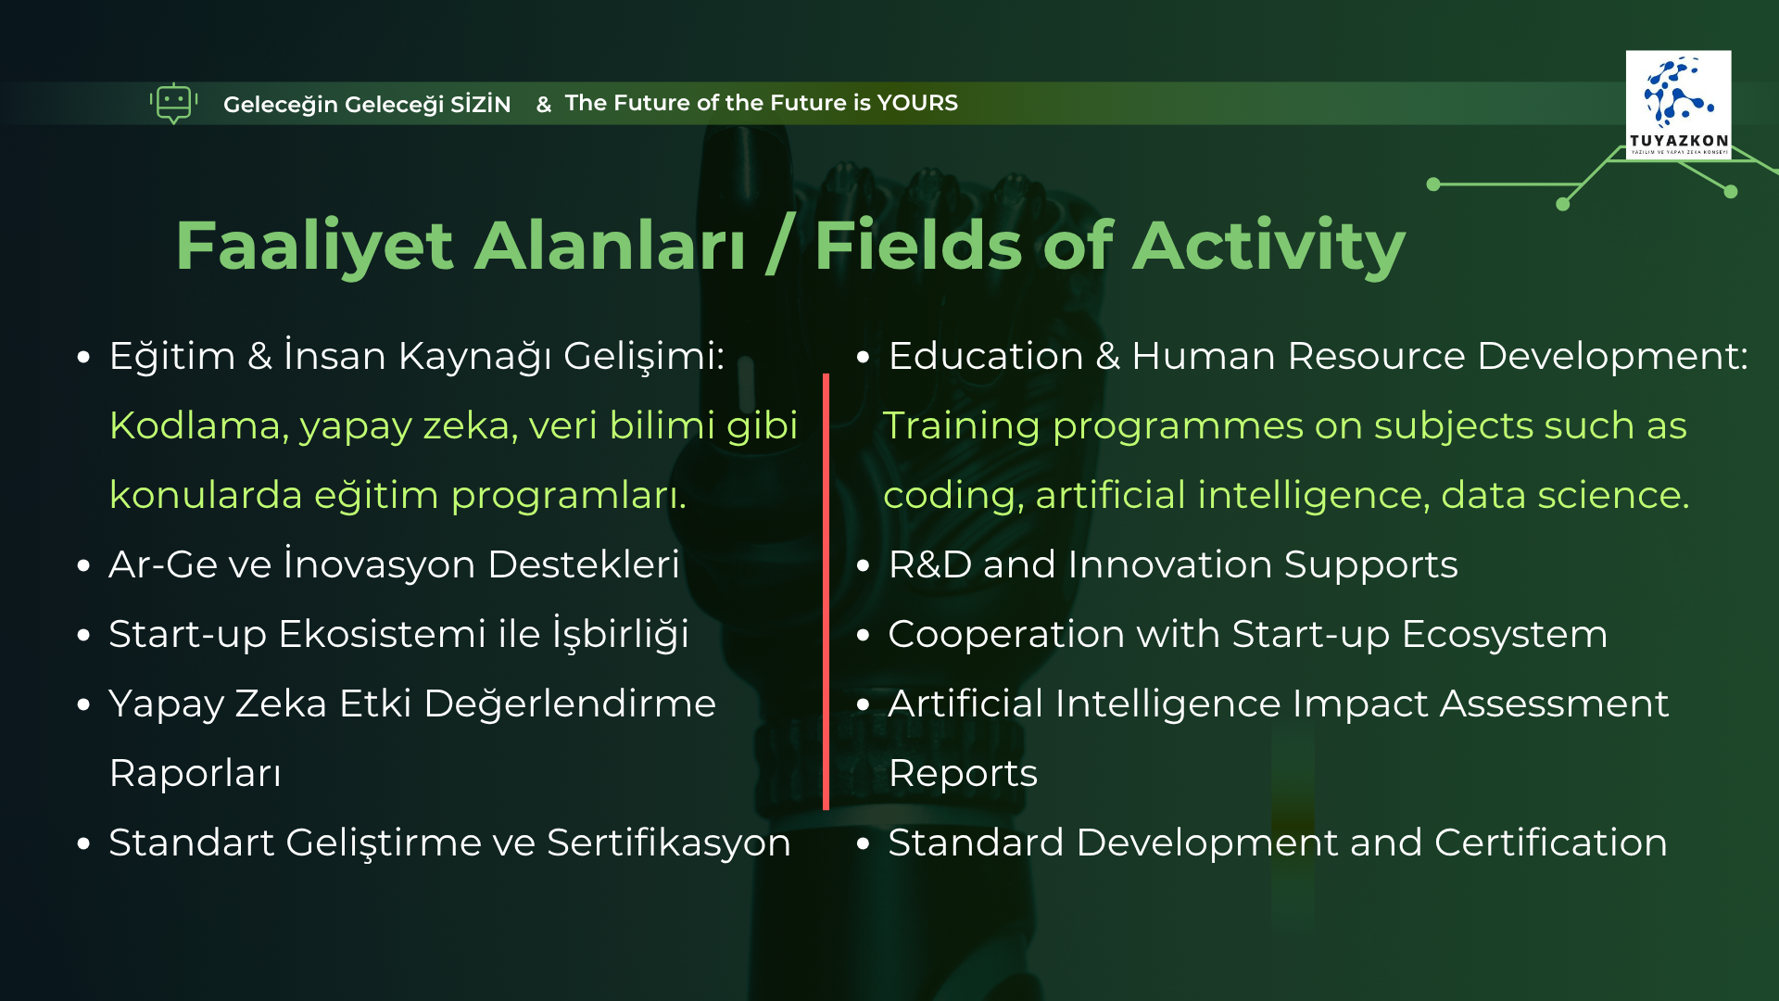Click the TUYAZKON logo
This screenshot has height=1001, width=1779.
1678,105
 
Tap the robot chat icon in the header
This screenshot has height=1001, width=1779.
173,103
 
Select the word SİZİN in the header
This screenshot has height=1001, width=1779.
480,104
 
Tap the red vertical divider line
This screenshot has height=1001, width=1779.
826,591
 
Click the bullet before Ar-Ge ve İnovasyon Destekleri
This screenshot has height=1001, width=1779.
84,565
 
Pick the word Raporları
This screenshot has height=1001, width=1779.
195,773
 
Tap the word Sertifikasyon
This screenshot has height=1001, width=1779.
668,843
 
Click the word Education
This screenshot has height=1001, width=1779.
986,356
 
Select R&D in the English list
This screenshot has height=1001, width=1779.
930,564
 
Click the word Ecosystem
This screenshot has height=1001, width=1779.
1505,634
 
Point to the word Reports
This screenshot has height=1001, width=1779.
963,774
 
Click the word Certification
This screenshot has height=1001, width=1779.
1551,843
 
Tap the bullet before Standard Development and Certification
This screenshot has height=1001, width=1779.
864,843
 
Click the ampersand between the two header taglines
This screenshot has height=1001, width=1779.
544,105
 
